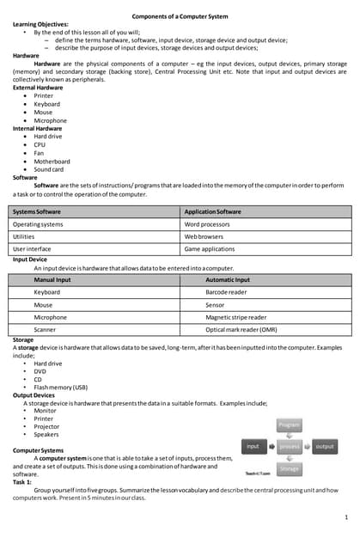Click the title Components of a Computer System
(x=180, y=16)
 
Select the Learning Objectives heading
(x=41, y=24)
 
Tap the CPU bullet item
(x=40, y=144)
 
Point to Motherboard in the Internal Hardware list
(x=52, y=161)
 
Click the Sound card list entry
(x=50, y=169)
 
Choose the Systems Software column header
(x=37, y=211)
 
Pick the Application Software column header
(x=213, y=211)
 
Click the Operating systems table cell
(x=39, y=224)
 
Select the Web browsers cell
(x=204, y=236)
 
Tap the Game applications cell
(x=210, y=249)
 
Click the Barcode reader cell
(x=227, y=292)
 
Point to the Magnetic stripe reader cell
(x=236, y=317)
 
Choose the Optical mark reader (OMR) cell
(x=241, y=329)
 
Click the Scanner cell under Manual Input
(x=45, y=329)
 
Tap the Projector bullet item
(x=46, y=426)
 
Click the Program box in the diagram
(x=290, y=425)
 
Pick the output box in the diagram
(x=325, y=447)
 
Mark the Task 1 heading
(x=22, y=482)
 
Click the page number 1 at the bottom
(x=345, y=517)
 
